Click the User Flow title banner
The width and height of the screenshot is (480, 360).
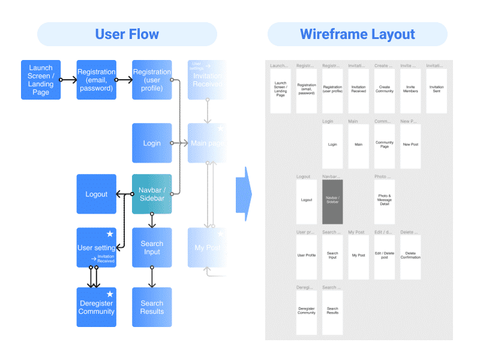(127, 34)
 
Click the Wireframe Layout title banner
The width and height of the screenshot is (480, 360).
(357, 34)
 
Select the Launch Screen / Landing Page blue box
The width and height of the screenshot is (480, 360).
(41, 80)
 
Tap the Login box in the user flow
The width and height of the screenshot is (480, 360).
(152, 143)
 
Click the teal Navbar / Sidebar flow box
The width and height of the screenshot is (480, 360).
(152, 194)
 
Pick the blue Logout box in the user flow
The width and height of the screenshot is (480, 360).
(96, 194)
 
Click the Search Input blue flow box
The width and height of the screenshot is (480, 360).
(152, 247)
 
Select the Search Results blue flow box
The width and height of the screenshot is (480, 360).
(152, 307)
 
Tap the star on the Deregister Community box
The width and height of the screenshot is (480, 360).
(110, 294)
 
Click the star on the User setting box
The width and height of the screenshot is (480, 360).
(110, 234)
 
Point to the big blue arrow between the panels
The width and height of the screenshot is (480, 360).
(243, 194)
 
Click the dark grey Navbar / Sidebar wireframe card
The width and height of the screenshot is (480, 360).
(332, 202)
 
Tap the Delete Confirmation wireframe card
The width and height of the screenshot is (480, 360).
(410, 257)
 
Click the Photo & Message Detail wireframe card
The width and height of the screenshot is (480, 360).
(385, 202)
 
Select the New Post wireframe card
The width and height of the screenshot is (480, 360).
(410, 146)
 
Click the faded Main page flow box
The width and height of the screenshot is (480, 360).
(207, 143)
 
